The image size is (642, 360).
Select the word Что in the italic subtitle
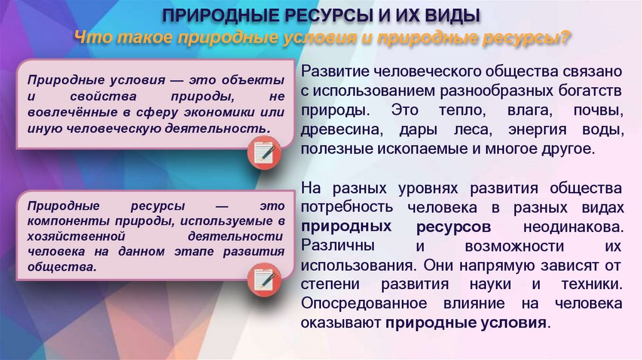pyautogui.click(x=92, y=36)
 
